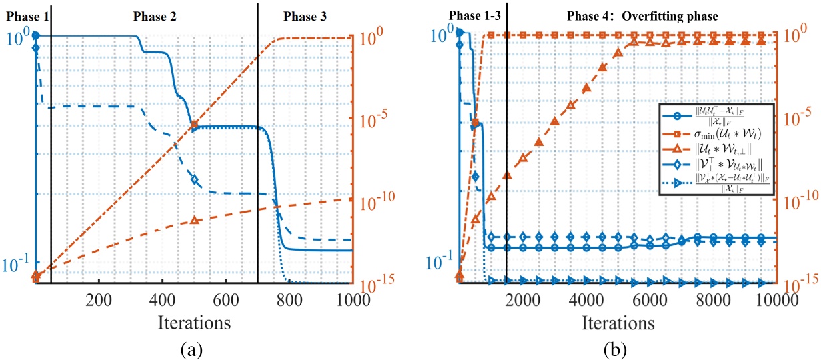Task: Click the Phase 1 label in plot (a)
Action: [x=24, y=15]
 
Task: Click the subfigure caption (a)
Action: [x=194, y=348]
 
